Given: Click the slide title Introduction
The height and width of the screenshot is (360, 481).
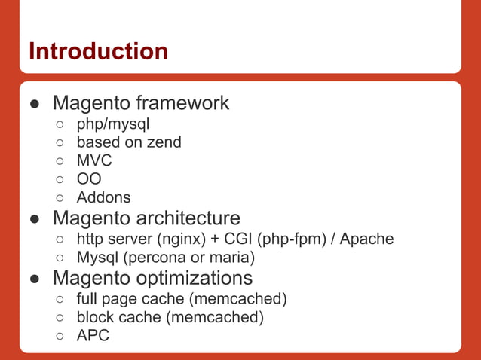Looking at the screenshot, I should pos(98,51).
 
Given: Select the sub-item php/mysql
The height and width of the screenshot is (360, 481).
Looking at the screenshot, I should pos(113,123).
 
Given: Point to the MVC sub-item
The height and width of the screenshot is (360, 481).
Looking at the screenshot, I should pos(94,160).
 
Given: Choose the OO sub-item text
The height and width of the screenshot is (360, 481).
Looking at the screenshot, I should pos(89,179).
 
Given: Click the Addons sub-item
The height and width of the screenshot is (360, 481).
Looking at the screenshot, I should pos(103,198).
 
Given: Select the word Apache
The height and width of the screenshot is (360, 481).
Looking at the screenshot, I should pos(366,239).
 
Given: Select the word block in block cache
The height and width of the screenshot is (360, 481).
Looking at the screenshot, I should pos(96,317).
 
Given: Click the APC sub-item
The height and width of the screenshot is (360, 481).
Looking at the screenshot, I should pos(93,336).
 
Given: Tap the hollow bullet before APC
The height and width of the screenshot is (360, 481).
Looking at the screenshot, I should pos(60,336).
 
